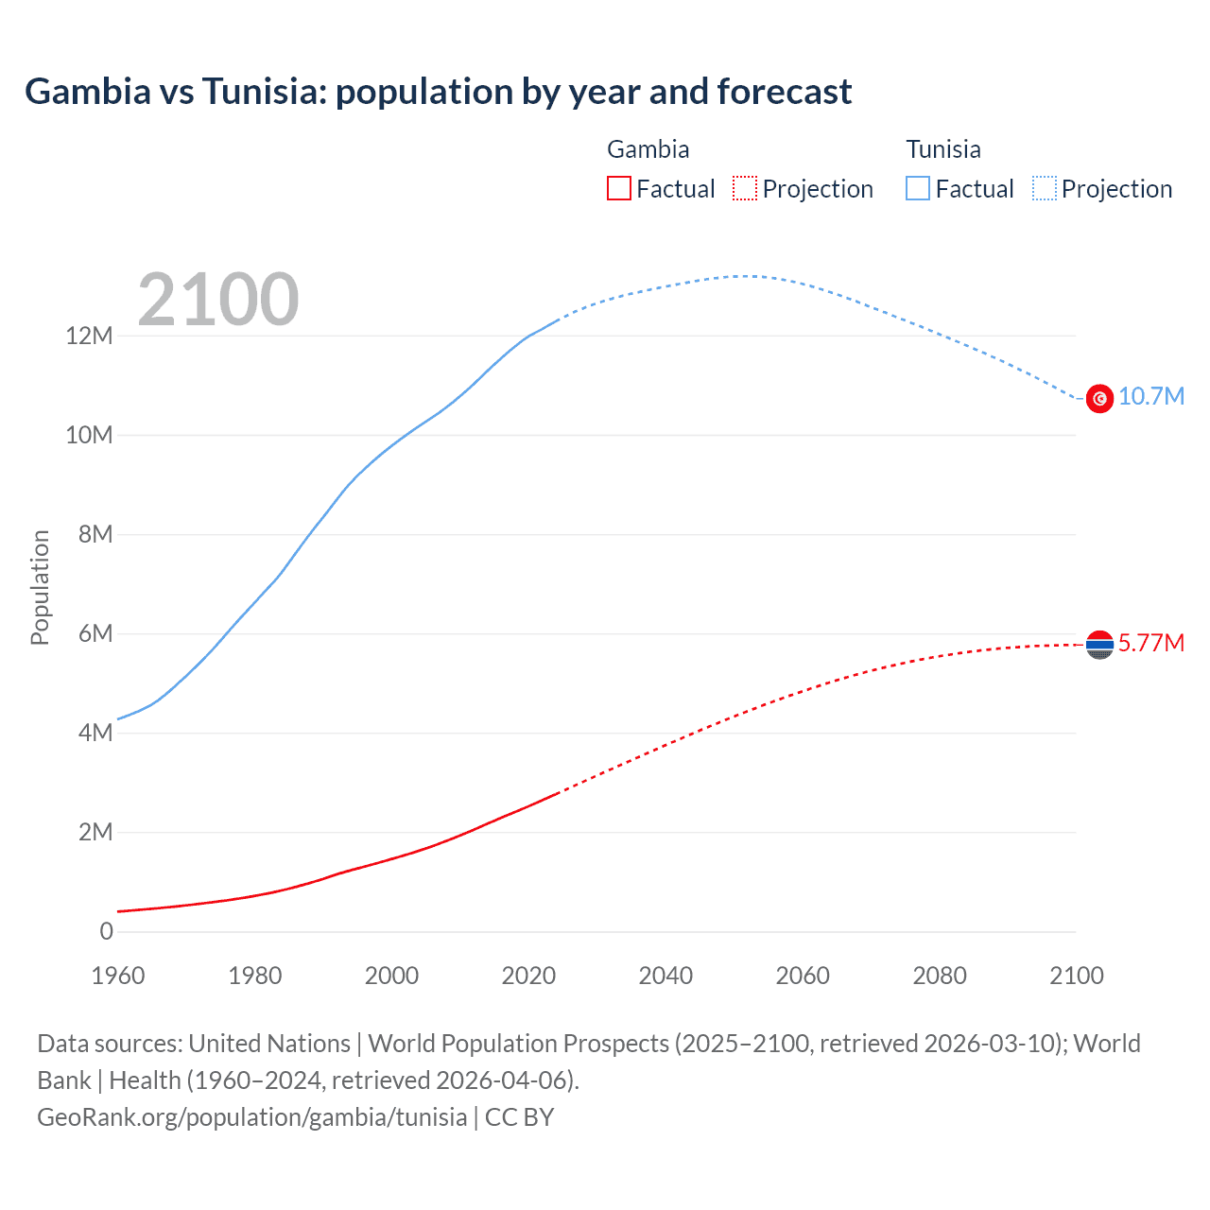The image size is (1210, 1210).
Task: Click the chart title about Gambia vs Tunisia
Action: pyautogui.click(x=438, y=92)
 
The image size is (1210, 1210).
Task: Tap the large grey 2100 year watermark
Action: pyautogui.click(x=218, y=300)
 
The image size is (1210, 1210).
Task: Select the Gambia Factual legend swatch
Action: pyautogui.click(x=618, y=188)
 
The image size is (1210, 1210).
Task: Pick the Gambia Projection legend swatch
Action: pyautogui.click(x=745, y=188)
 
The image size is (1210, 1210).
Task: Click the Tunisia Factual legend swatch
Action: pyautogui.click(x=918, y=188)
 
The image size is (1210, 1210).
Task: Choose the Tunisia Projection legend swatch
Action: pyautogui.click(x=1045, y=188)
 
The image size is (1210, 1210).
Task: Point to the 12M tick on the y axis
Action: pyautogui.click(x=89, y=336)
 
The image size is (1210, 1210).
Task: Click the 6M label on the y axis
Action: pyautogui.click(x=95, y=633)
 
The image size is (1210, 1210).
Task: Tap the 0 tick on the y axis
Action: pyautogui.click(x=106, y=931)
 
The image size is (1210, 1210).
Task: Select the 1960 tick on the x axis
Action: pyautogui.click(x=118, y=976)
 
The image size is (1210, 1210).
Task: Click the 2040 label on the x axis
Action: pyautogui.click(x=665, y=976)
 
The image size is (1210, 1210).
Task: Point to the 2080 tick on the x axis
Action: pyautogui.click(x=940, y=976)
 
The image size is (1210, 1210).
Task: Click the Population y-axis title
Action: pyautogui.click(x=40, y=587)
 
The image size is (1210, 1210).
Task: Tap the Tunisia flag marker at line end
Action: pyautogui.click(x=1099, y=399)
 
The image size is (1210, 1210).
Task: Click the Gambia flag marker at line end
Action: pyautogui.click(x=1099, y=645)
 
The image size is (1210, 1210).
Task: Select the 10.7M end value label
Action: pyautogui.click(x=1150, y=396)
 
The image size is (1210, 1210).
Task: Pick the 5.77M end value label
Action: pyautogui.click(x=1150, y=643)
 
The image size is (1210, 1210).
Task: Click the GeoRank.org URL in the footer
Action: pyautogui.click(x=251, y=1117)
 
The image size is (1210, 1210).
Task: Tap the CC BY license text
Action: pyautogui.click(x=519, y=1117)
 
